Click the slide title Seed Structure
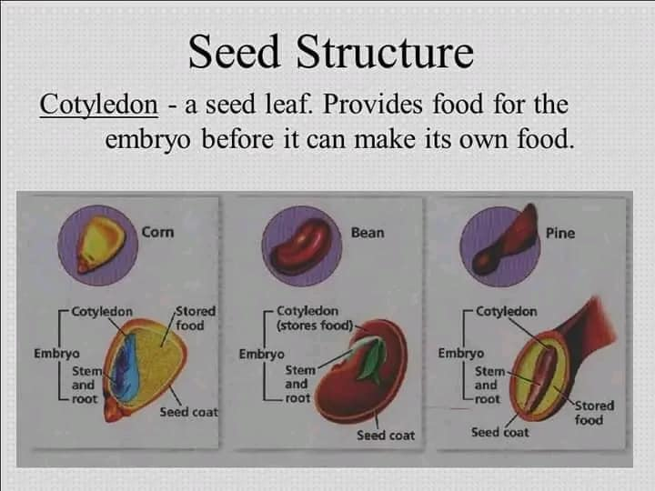(331, 52)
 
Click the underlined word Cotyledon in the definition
(99, 105)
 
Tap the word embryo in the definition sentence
(148, 139)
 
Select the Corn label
(157, 232)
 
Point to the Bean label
(368, 233)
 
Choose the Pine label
(560, 233)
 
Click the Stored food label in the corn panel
(195, 318)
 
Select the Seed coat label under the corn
(189, 413)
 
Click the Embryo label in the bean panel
(261, 355)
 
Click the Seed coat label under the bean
(386, 436)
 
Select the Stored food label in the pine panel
(594, 413)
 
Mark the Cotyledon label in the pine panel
(507, 312)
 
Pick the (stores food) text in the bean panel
(315, 326)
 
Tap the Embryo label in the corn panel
(56, 354)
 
